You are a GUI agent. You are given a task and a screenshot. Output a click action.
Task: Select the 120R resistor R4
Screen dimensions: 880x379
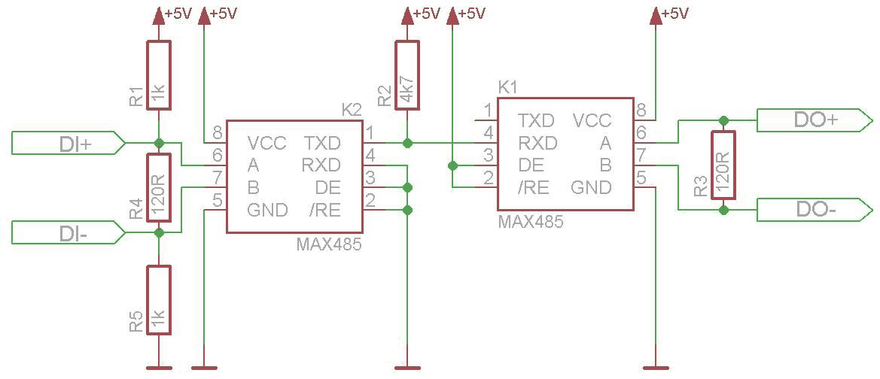click(159, 187)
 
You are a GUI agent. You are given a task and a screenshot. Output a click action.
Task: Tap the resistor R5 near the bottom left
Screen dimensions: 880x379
click(159, 301)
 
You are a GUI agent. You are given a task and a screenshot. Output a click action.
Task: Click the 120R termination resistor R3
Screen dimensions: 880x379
click(723, 165)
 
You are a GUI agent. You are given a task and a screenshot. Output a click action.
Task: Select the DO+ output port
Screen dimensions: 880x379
click(815, 120)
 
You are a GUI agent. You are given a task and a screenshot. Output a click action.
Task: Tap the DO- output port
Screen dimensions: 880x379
click(815, 211)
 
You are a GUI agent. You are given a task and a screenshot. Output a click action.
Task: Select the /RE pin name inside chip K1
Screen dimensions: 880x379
click(533, 188)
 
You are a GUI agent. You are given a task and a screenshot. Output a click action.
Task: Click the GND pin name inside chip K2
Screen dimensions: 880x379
click(268, 211)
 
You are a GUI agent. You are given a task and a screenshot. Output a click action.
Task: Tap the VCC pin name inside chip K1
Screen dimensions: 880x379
click(592, 120)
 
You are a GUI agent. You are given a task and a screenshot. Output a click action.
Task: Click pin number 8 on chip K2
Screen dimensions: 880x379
click(218, 134)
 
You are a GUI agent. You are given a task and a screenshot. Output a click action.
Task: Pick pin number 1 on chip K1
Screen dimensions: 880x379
click(489, 111)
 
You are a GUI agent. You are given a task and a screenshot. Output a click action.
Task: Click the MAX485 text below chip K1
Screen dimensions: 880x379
click(531, 222)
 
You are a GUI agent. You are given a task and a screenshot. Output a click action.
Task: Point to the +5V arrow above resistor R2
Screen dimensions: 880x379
click(407, 16)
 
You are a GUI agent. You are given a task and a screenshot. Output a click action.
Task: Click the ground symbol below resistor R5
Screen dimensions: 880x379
click(159, 368)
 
